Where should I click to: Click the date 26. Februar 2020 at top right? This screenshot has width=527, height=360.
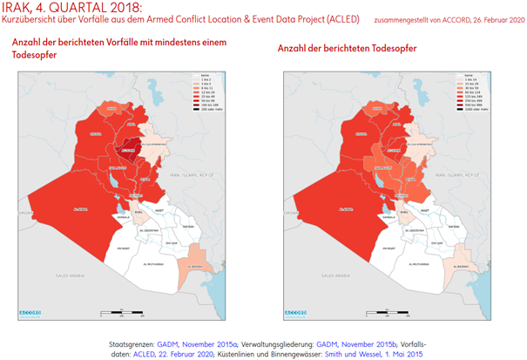pos(490,18)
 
